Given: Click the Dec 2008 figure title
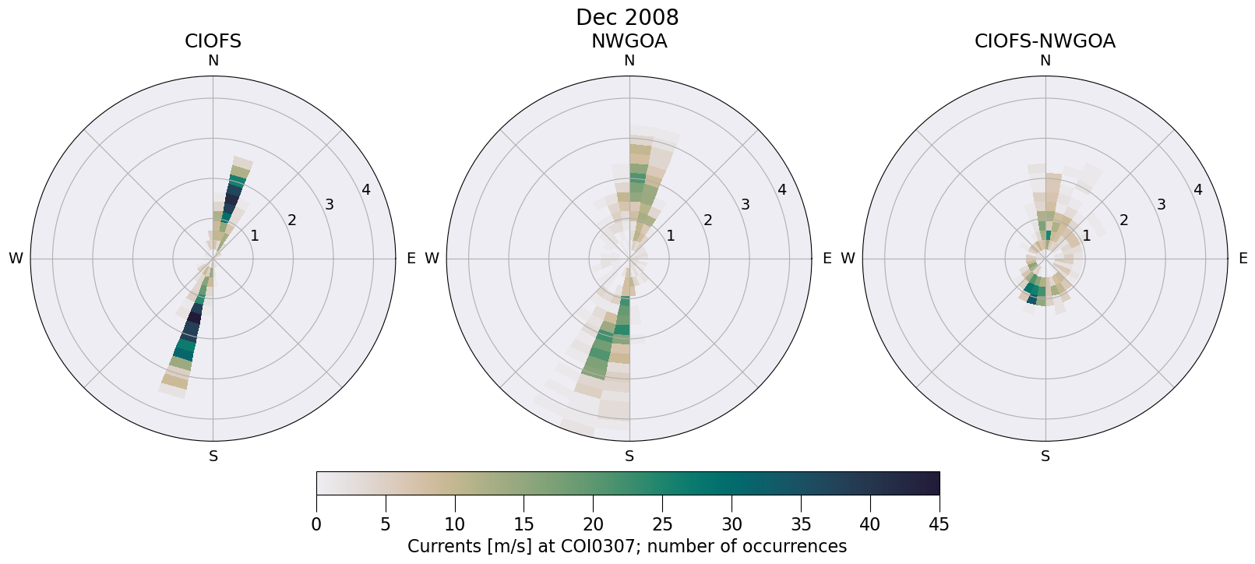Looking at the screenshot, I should [627, 17].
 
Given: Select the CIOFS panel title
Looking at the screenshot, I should [213, 41].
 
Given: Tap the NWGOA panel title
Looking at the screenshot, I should [629, 41].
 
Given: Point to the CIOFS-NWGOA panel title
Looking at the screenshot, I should [1045, 41].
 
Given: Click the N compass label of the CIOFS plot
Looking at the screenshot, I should [213, 61].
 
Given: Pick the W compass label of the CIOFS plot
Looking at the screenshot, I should [16, 259].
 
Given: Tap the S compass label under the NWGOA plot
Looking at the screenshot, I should [629, 456].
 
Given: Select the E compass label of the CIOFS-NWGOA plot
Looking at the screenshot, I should [1243, 259].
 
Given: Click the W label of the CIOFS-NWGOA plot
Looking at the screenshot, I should [848, 259].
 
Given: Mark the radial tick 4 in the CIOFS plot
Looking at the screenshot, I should [366, 189].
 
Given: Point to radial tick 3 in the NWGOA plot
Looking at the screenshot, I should [745, 205].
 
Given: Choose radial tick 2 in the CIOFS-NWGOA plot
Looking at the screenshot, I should [1123, 220].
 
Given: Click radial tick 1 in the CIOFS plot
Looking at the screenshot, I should [254, 236].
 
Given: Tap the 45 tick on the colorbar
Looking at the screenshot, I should [939, 524].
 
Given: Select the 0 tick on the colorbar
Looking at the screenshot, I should [316, 524].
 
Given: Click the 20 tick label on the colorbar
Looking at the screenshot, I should [593, 524].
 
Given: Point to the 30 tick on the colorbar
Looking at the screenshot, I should [731, 524].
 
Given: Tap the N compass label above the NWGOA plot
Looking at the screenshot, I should [629, 61].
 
